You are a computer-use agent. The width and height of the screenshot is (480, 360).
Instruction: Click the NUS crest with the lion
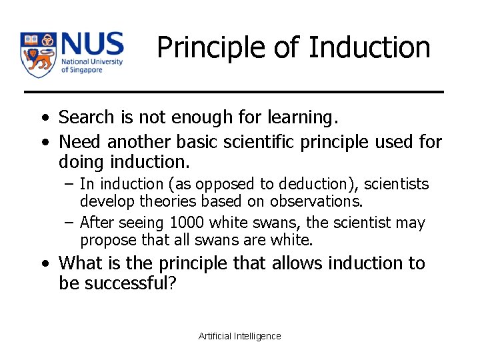coord(38,55)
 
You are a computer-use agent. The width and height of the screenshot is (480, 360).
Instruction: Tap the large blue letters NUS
coord(92,45)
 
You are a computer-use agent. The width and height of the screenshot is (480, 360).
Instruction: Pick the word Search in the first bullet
coord(87,117)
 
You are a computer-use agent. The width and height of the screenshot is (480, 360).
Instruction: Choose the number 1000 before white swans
coord(189,223)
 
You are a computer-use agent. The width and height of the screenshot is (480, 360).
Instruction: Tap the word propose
coord(104,240)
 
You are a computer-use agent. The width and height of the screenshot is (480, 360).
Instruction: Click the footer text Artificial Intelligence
coord(240,336)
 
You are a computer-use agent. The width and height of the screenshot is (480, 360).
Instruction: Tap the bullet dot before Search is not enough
coord(43,119)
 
